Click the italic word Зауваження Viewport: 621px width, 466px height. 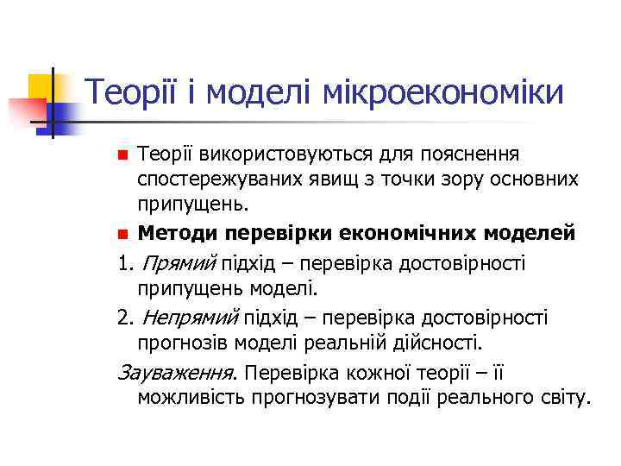(x=176, y=373)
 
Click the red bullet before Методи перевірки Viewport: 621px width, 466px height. (x=122, y=234)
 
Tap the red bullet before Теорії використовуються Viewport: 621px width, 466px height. (x=122, y=156)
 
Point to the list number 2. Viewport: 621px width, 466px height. (x=121, y=318)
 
